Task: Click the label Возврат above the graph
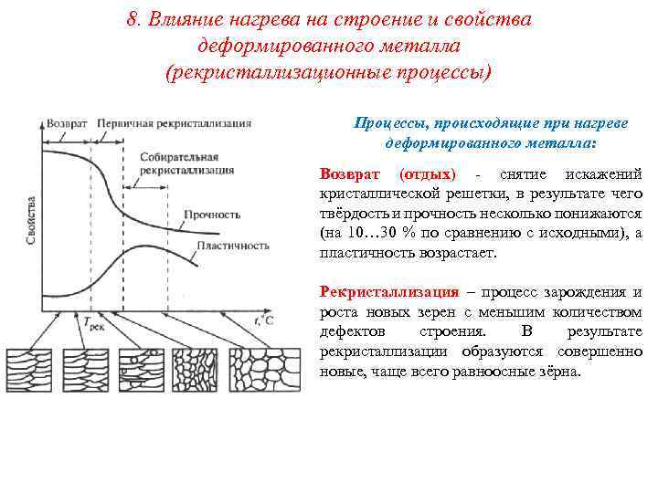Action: (x=69, y=121)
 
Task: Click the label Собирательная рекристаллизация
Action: (x=177, y=164)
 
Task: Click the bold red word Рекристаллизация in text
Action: (x=389, y=292)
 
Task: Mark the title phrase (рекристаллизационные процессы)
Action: (x=328, y=71)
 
